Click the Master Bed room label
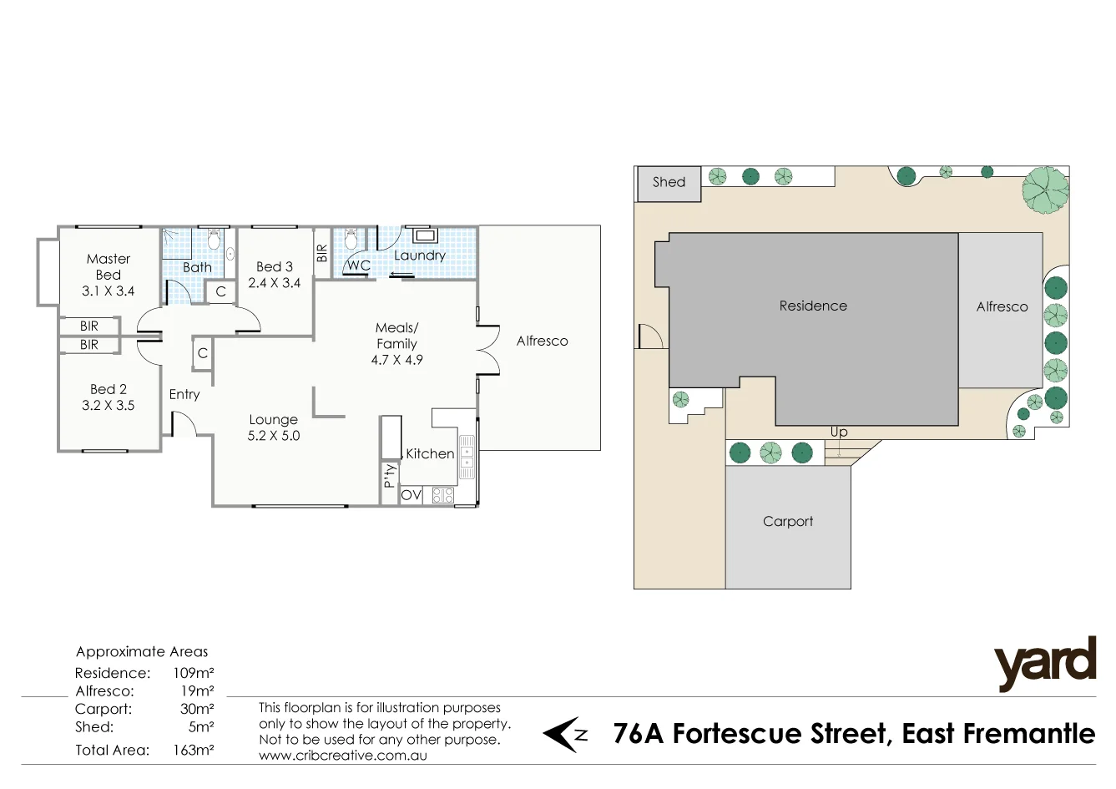[x=108, y=267]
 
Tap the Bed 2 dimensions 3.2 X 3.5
[x=108, y=406]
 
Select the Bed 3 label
[x=274, y=267]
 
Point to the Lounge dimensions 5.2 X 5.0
[x=273, y=436]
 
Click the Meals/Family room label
[x=396, y=336]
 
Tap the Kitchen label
[x=430, y=454]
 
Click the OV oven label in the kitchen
[x=411, y=495]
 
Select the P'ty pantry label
[x=389, y=476]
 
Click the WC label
[x=359, y=266]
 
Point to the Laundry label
[x=419, y=255]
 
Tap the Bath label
[x=197, y=268]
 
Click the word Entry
[x=184, y=395]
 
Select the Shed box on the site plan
[x=669, y=183]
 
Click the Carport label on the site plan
[x=787, y=522]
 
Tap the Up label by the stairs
[x=839, y=432]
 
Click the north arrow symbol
[x=565, y=735]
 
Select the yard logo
[x=1044, y=664]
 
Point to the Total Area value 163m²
[x=194, y=751]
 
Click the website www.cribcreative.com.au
[x=342, y=756]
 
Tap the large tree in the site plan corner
[x=1045, y=189]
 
